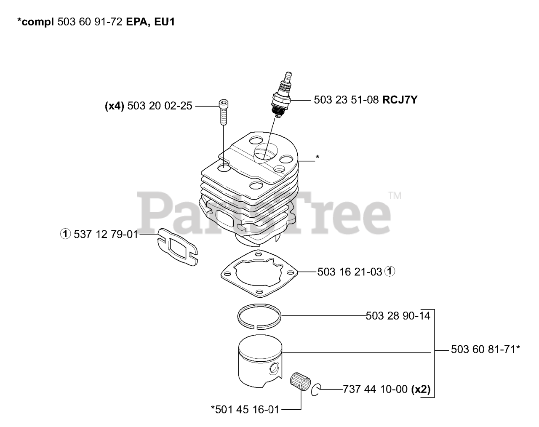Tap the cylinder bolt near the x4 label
pyautogui.click(x=223, y=112)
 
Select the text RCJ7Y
pyautogui.click(x=400, y=100)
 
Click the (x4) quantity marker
pyautogui.click(x=114, y=107)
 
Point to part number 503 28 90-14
pyautogui.click(x=398, y=315)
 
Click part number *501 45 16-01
pyautogui.click(x=245, y=409)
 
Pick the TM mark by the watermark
pyautogui.click(x=395, y=195)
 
